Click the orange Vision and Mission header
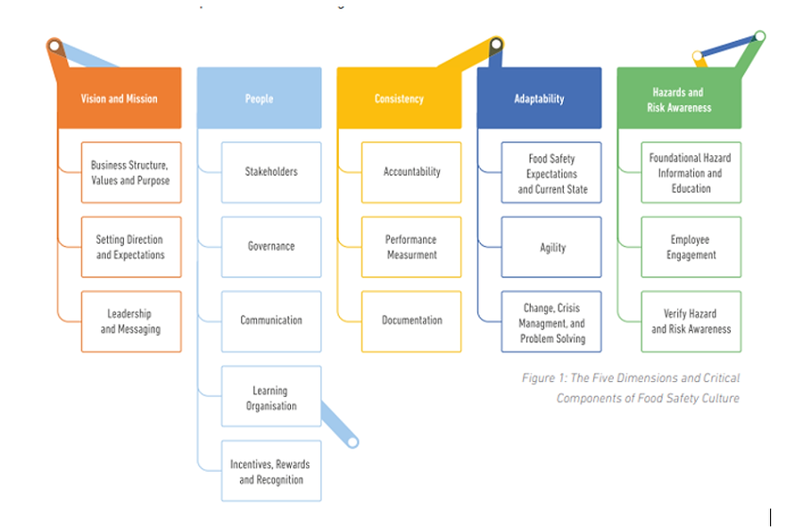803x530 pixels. coord(119,98)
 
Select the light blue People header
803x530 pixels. coord(259,98)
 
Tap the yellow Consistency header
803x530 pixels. coord(399,98)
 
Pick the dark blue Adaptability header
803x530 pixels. coord(539,98)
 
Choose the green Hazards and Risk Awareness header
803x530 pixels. coord(678,99)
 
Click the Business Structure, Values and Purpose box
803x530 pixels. coord(130,172)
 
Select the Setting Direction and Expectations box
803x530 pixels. coord(130,247)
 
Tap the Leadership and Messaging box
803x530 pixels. coord(130,321)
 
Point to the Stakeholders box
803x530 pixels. coord(271,172)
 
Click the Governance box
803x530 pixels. coord(271,246)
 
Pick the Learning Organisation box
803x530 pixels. coord(271,397)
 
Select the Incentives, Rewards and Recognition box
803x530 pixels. coord(271,471)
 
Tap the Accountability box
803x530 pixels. coord(411,172)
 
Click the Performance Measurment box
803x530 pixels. coord(411,247)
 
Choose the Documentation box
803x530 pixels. coord(411,321)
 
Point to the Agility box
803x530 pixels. coord(551,247)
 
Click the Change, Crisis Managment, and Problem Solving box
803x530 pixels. coord(551,322)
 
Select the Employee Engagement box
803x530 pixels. coord(691,247)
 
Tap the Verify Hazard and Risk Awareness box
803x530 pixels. coord(691,321)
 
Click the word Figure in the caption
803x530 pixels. coord(539,378)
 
